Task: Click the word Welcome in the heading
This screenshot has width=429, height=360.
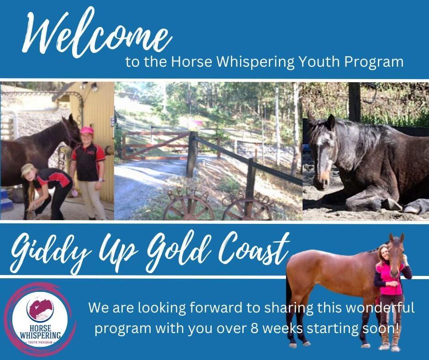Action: [97, 33]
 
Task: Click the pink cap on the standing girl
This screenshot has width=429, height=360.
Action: [87, 130]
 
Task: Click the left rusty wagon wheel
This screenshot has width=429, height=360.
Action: [189, 209]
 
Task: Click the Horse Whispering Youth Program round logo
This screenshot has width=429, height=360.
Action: [40, 319]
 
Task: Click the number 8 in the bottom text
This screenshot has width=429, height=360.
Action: [255, 328]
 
